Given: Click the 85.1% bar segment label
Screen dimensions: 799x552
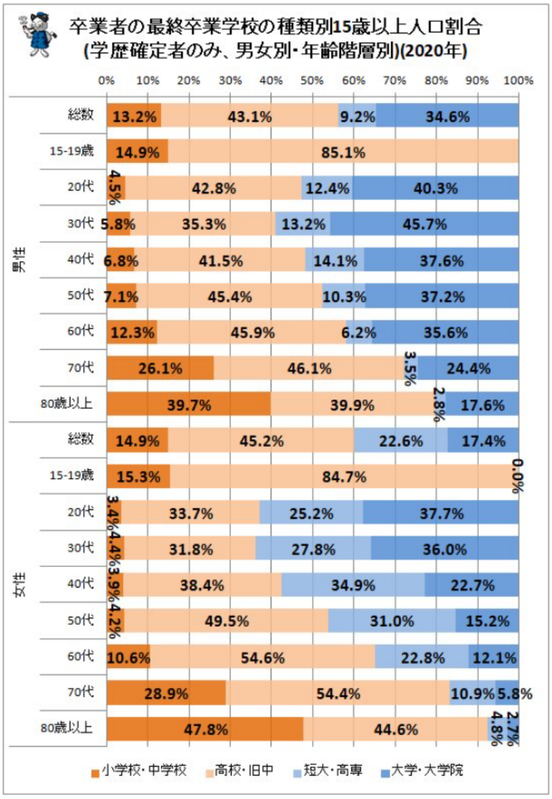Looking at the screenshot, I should (x=345, y=152).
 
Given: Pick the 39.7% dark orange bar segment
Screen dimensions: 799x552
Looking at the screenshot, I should (x=189, y=403).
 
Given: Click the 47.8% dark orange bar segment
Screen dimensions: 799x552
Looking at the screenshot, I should (x=206, y=729).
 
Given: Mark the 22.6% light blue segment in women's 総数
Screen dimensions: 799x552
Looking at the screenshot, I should (x=400, y=440).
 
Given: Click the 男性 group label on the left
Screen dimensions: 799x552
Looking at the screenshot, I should (x=21, y=261).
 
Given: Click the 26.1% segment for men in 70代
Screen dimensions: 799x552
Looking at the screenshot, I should (x=160, y=368).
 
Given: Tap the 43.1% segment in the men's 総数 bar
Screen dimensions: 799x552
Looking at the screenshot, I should (x=249, y=116).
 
